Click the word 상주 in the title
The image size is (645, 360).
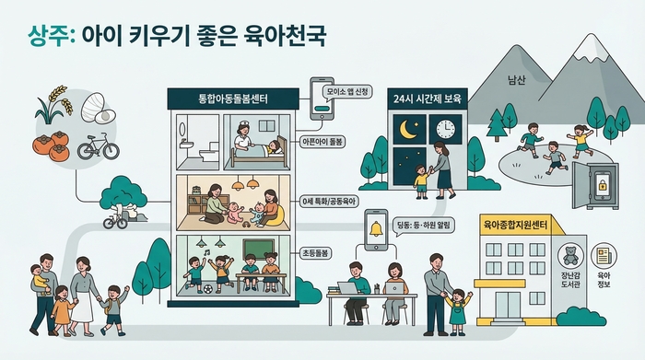(48, 36)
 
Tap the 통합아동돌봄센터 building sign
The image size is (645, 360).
(230, 98)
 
